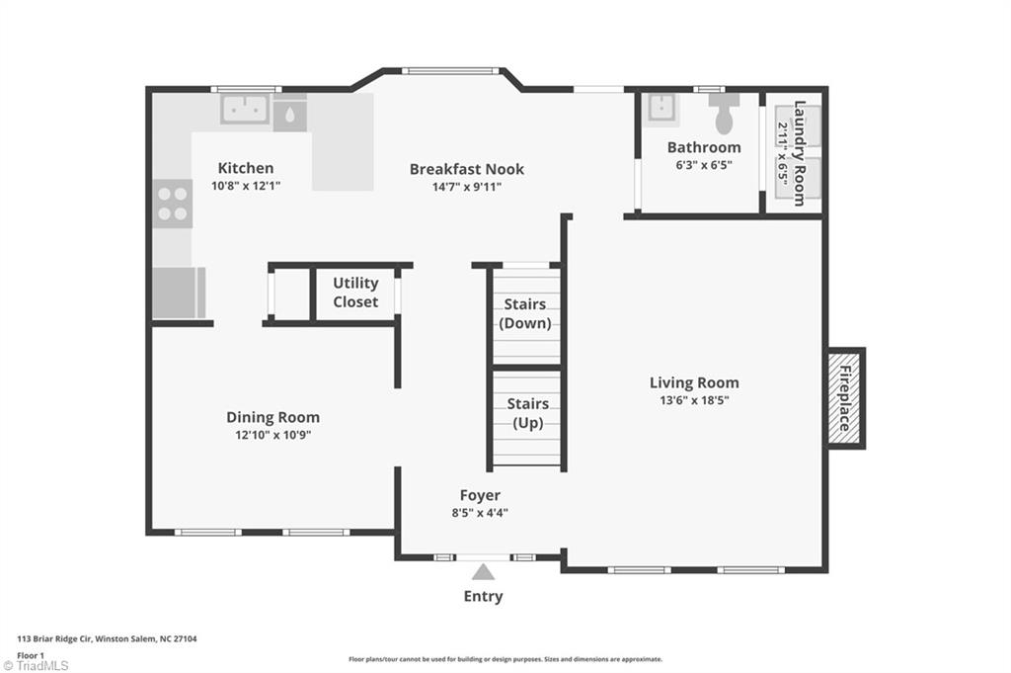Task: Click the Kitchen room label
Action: coord(246,168)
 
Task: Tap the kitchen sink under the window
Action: coord(244,109)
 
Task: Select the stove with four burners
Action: coord(173,203)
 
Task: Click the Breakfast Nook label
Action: coord(467,169)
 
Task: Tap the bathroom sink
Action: coord(661,109)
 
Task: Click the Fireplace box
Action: coord(845,397)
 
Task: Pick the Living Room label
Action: coord(694,382)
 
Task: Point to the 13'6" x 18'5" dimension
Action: coord(694,400)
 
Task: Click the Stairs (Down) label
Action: coord(526,313)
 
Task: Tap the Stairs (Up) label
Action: coord(527,413)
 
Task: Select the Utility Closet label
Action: coord(355,293)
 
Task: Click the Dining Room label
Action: coord(272,417)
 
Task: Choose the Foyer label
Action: coord(480,495)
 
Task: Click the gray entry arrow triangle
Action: coord(483,571)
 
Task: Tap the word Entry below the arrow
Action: coord(483,596)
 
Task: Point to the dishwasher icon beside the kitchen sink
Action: coord(289,114)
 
